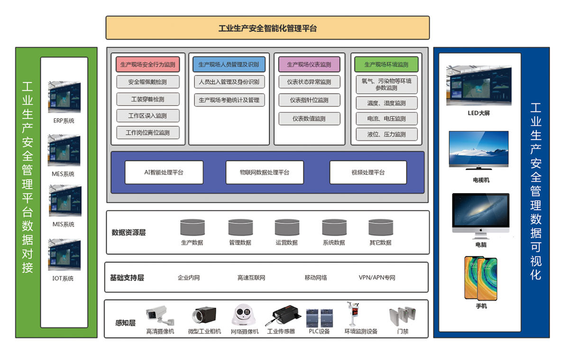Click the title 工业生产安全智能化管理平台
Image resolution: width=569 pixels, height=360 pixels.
point(267,28)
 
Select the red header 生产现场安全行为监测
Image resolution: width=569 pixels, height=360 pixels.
point(148,65)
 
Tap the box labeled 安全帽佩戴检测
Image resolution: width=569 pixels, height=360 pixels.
point(148,82)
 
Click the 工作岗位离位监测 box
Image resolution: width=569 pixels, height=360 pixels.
point(148,133)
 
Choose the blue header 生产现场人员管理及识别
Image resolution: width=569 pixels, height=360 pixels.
point(229,65)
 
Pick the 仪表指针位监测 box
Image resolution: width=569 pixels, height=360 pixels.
point(309,100)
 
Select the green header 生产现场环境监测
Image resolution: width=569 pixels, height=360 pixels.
point(386,65)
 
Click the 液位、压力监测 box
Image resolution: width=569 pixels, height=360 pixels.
point(386,134)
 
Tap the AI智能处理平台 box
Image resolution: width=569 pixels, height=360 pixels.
point(164,172)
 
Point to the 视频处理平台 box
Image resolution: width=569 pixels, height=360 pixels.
point(368,172)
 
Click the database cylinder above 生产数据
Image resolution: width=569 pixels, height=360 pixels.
point(192,228)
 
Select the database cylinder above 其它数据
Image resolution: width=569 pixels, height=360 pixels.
point(381,228)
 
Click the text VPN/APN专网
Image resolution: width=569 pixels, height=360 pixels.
point(377,277)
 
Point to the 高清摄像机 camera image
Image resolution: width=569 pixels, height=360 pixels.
point(160,314)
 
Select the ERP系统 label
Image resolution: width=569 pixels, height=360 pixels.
point(64,121)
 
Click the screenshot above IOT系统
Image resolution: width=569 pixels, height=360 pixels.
point(64,255)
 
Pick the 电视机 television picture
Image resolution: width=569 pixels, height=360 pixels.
point(479,149)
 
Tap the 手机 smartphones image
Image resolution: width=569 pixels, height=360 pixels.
point(481,278)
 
